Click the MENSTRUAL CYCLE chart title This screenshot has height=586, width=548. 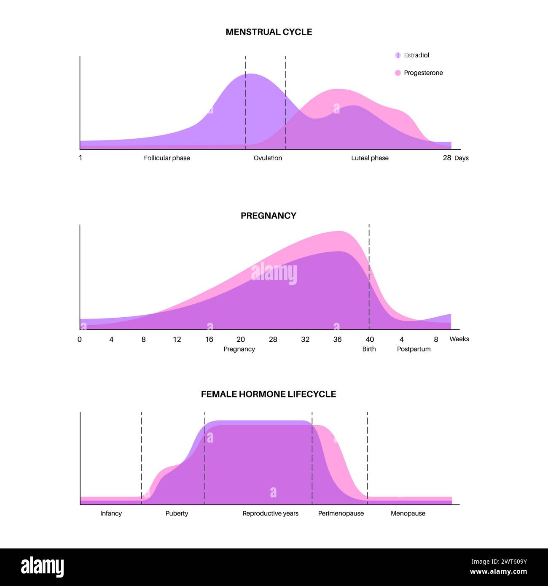(x=269, y=32)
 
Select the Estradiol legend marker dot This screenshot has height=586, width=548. (x=398, y=55)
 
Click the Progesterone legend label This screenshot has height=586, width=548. (x=423, y=73)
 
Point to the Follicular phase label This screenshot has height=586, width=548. (x=167, y=158)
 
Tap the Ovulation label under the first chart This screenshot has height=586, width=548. (x=268, y=158)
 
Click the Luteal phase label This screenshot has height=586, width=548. (x=370, y=158)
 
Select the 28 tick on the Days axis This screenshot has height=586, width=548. (x=447, y=158)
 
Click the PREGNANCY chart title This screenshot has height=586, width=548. (x=269, y=216)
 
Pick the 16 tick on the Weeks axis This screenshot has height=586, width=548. (x=209, y=339)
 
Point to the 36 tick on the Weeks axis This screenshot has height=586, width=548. (x=337, y=339)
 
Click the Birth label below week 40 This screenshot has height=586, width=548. (x=369, y=349)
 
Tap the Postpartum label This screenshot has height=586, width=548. (x=414, y=349)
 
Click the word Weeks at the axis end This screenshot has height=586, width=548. (x=459, y=339)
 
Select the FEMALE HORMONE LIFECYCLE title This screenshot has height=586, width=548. (x=269, y=394)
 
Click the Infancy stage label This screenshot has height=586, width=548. (x=111, y=513)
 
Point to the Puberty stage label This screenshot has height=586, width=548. (x=177, y=513)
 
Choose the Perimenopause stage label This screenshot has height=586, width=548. (x=341, y=513)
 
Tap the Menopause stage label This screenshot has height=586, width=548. (x=408, y=513)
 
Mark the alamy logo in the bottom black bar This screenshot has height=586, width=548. (x=43, y=567)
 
